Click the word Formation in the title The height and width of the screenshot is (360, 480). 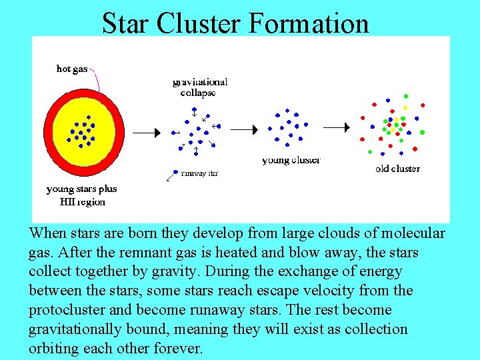tap(308, 23)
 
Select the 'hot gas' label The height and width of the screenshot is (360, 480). tap(72, 69)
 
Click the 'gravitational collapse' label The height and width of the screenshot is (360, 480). tap(199, 87)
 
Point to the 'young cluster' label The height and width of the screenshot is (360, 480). tap(291, 160)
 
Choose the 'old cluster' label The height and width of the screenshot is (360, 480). tap(397, 169)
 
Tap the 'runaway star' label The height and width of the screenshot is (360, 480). tap(199, 173)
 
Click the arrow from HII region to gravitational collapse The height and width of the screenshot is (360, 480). tap(146, 133)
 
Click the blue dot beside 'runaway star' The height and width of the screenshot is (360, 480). tap(175, 171)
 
